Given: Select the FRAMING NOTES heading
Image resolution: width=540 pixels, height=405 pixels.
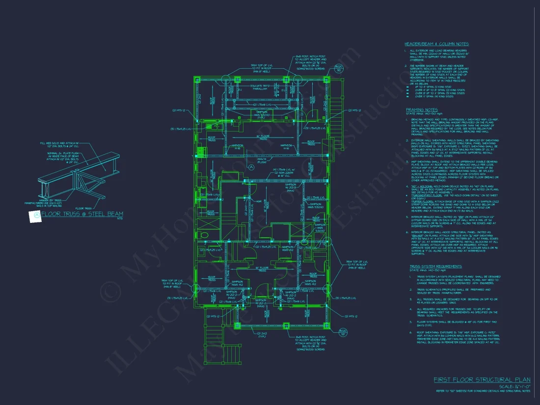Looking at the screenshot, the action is tap(422, 110).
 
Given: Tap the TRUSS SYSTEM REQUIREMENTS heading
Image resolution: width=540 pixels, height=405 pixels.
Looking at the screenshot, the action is tap(435, 267).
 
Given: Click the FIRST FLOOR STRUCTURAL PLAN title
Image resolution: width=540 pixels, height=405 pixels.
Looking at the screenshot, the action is tap(482, 379).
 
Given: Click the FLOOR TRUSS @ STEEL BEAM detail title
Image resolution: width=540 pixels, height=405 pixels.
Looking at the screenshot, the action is tap(82, 215).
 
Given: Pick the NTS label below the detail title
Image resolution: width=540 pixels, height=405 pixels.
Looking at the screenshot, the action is tap(119, 219).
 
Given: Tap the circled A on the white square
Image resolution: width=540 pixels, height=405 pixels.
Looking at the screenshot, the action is tap(35, 215).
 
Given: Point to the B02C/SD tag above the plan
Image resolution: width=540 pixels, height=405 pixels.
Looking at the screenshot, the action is tap(337, 67).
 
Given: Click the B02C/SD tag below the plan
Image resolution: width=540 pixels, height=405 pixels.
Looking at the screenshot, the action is tap(343, 332).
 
